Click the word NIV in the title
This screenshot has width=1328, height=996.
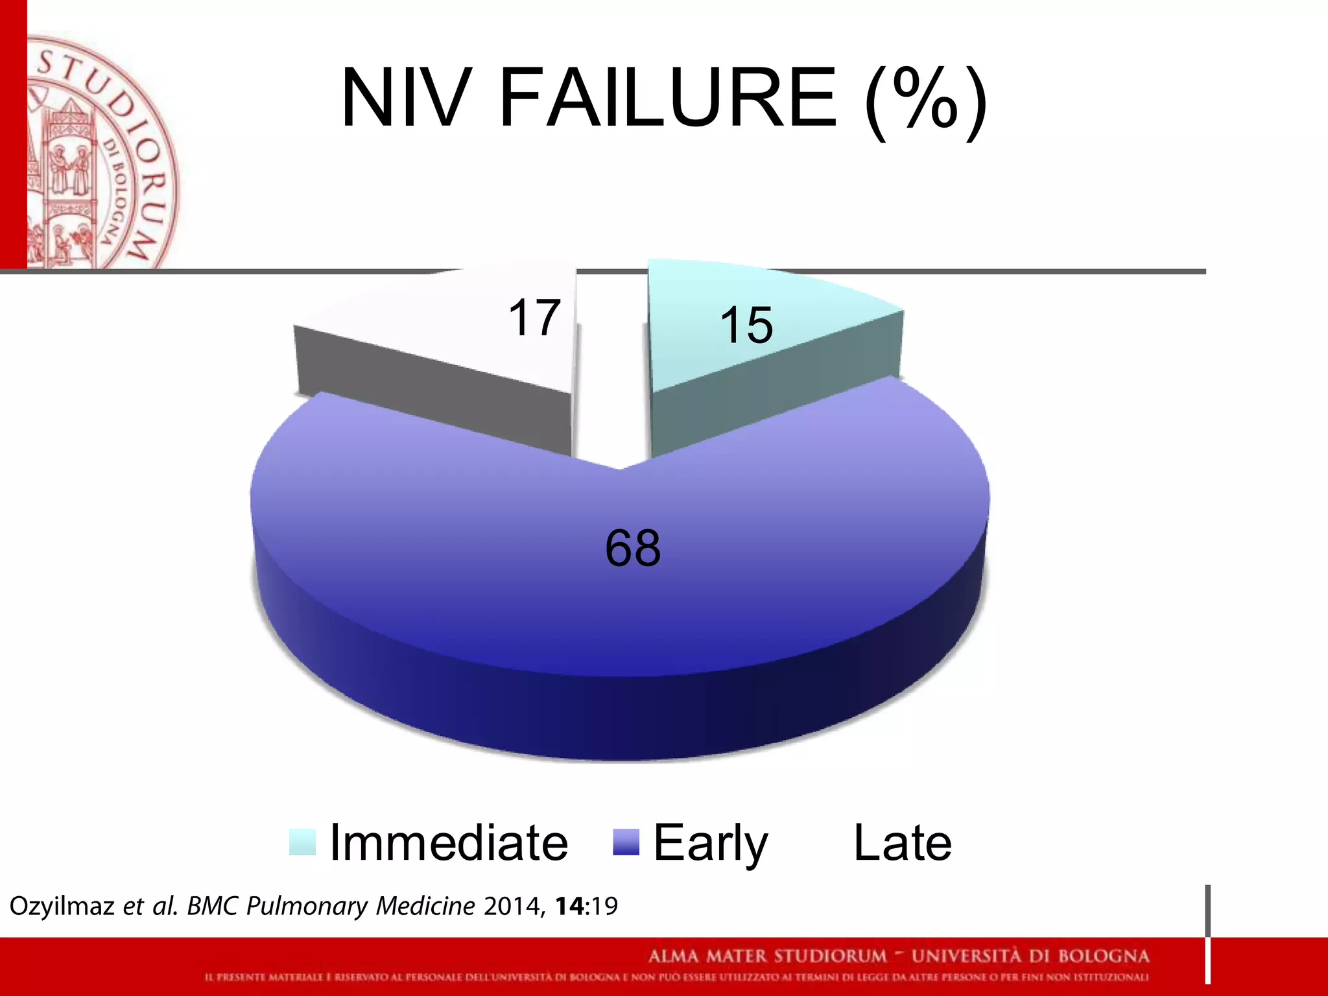403,99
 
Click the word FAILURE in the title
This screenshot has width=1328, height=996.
668,99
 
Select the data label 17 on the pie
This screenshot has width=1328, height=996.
534,318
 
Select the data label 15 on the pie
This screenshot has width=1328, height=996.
746,325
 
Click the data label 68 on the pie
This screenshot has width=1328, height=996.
633,549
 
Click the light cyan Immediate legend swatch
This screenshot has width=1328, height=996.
302,842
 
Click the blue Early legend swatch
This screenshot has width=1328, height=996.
626,842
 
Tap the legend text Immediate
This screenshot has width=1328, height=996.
449,842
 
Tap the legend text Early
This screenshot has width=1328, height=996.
710,842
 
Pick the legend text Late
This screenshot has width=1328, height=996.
902,842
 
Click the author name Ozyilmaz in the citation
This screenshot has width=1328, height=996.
62,906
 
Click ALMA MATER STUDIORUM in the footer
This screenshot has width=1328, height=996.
767,956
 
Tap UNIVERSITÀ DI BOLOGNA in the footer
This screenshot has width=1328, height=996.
1030,956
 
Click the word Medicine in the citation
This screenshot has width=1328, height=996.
425,906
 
